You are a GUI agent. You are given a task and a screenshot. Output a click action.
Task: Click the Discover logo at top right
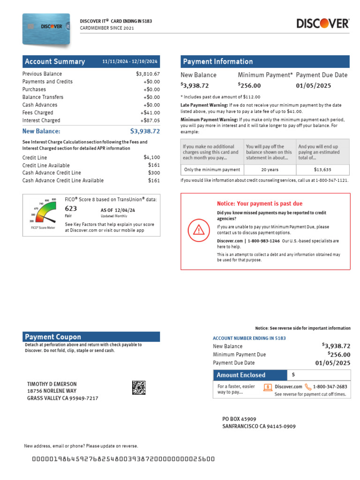tap(322, 23)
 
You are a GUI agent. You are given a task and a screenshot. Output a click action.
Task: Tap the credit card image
tap(46, 30)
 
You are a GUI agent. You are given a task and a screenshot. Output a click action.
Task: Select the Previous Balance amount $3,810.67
tap(148, 74)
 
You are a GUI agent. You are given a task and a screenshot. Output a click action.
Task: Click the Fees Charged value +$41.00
tap(150, 113)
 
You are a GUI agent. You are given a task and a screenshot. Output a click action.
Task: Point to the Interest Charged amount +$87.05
tap(150, 120)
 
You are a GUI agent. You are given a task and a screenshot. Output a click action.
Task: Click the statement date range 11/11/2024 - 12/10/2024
tap(130, 62)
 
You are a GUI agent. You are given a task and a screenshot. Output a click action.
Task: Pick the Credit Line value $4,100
tap(152, 158)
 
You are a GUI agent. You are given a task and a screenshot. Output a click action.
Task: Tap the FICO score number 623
tap(71, 209)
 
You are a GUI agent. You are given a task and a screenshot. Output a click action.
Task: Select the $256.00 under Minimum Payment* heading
tap(249, 85)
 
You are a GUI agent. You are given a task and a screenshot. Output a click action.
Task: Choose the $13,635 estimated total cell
tap(322, 170)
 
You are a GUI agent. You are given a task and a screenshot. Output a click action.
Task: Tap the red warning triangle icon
tap(199, 230)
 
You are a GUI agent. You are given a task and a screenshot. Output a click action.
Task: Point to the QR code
tap(139, 388)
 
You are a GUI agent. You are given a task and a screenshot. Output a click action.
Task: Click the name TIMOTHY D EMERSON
tap(52, 384)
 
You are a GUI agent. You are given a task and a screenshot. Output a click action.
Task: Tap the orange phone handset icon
tap(308, 387)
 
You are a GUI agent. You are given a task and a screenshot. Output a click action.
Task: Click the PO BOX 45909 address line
tap(239, 419)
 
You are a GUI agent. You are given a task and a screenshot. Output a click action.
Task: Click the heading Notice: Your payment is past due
tap(260, 204)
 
